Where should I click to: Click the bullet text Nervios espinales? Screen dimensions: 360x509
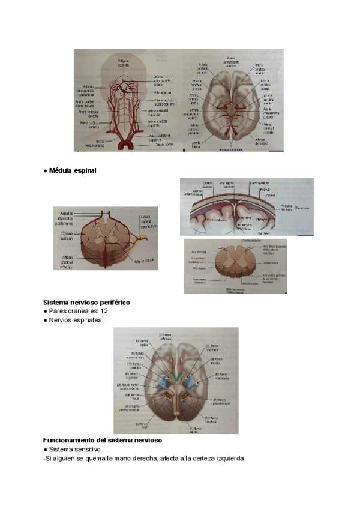[x=75, y=320]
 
